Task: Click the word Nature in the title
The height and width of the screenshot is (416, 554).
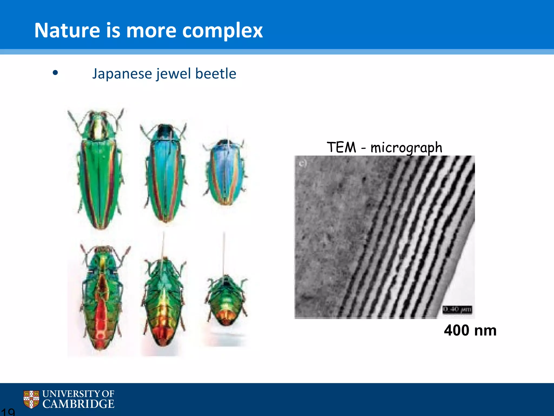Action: [x=67, y=30]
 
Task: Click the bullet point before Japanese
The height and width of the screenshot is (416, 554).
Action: [x=55, y=73]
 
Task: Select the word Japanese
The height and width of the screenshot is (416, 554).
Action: [x=122, y=74]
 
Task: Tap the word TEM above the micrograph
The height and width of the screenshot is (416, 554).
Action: [x=341, y=148]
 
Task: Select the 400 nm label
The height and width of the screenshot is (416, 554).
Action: [x=470, y=330]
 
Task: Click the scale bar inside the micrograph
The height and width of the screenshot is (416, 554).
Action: [x=457, y=309]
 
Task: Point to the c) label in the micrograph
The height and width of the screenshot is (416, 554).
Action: [x=302, y=163]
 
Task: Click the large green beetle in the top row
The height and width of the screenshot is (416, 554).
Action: [x=99, y=171]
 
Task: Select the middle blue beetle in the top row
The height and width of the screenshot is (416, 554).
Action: [x=165, y=173]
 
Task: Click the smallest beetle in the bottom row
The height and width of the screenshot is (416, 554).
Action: [x=226, y=301]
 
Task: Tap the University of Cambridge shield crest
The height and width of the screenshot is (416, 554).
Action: [x=31, y=399]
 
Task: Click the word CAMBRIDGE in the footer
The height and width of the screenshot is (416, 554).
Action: [x=78, y=404]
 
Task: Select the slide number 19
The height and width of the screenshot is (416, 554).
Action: [x=8, y=412]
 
